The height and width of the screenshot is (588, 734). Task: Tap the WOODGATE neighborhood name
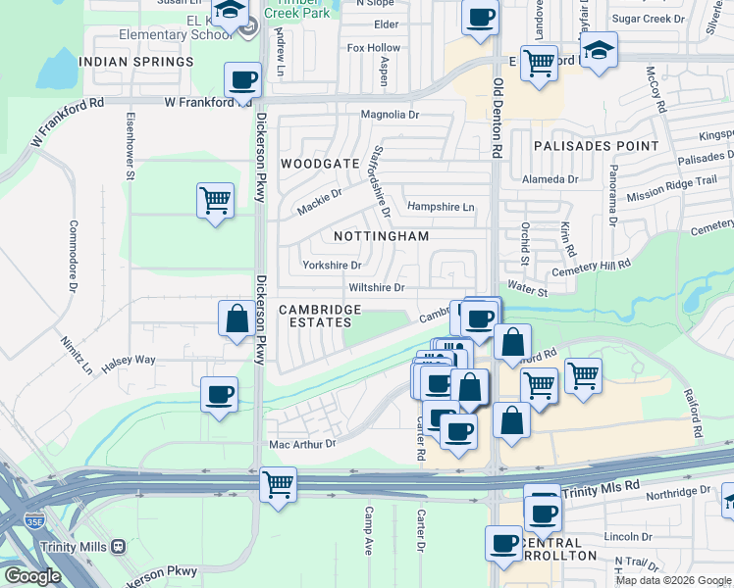(320, 163)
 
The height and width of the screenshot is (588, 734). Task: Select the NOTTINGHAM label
(382, 236)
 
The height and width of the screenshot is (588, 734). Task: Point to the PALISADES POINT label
(597, 146)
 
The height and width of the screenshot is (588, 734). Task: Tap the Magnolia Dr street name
(390, 115)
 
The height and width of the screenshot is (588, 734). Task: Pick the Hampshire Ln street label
(441, 207)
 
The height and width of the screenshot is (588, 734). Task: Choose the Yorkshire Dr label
(332, 265)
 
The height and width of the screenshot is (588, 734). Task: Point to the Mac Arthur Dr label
(302, 443)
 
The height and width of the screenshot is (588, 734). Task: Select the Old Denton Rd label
(498, 119)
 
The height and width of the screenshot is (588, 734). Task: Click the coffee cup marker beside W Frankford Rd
(242, 80)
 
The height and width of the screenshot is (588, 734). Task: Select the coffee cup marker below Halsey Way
(219, 395)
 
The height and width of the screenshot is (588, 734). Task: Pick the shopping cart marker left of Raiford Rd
(583, 374)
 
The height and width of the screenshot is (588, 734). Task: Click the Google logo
(33, 576)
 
